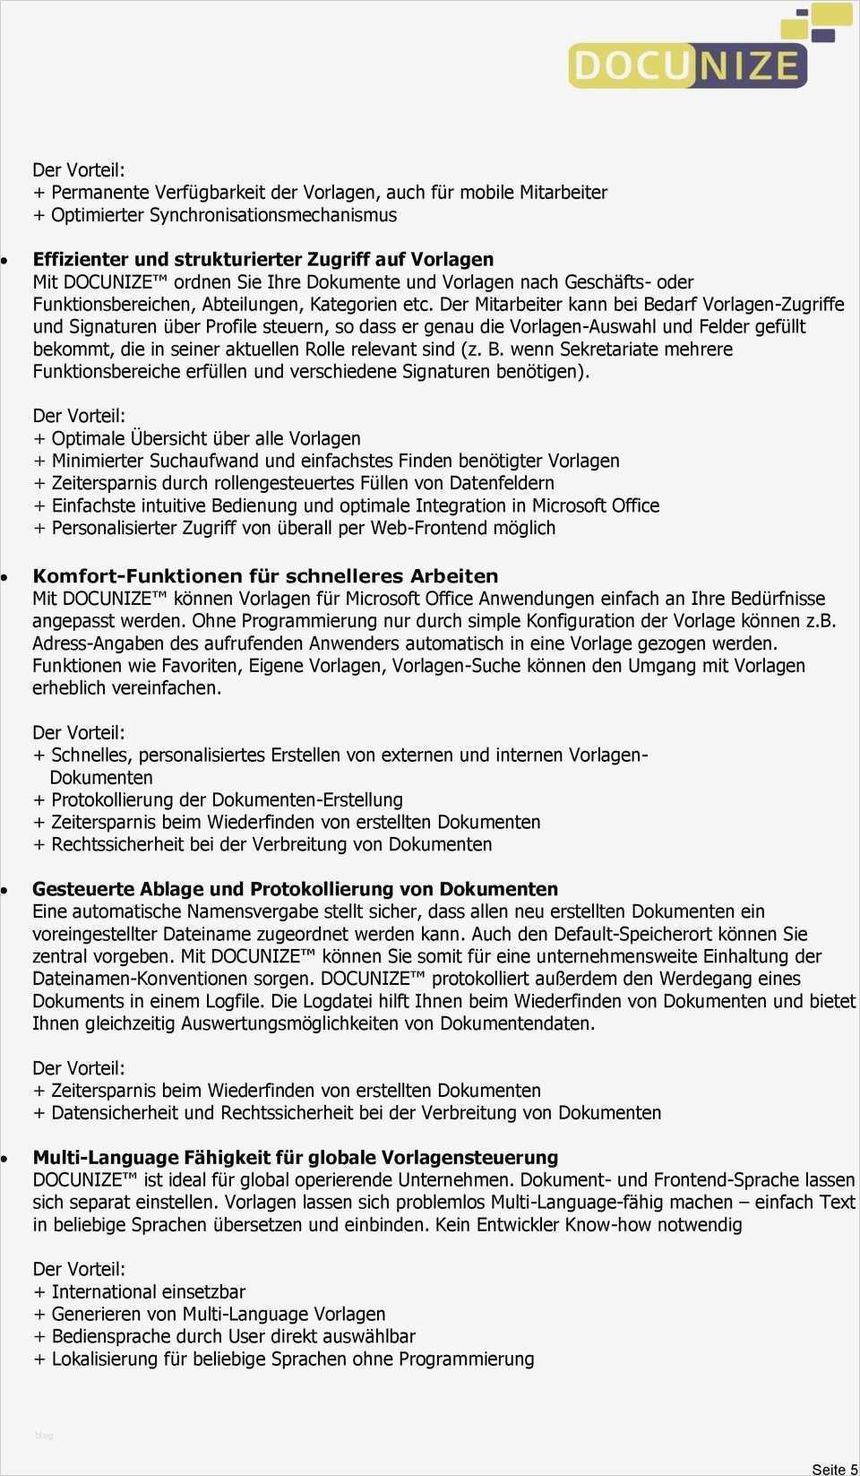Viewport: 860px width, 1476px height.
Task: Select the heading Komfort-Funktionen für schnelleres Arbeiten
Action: (x=265, y=576)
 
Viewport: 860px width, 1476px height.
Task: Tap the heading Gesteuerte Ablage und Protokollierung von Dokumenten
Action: (x=295, y=889)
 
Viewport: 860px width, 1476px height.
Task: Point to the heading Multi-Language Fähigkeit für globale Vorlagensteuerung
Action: (x=295, y=1157)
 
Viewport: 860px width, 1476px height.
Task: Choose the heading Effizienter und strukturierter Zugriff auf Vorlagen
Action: (x=262, y=259)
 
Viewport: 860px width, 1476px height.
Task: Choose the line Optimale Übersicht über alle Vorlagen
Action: (x=205, y=438)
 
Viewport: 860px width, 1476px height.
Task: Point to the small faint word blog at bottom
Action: (x=44, y=1436)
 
